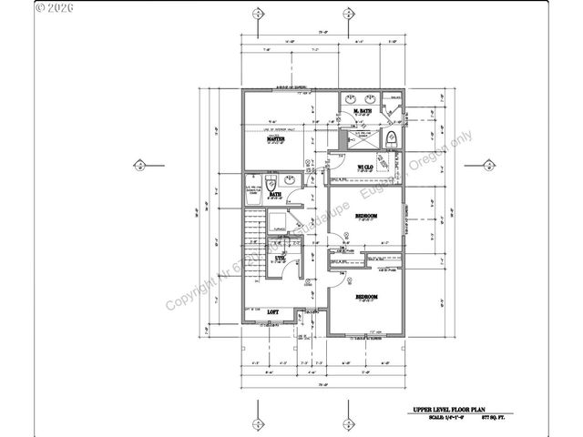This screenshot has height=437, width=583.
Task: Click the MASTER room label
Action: point(272,139)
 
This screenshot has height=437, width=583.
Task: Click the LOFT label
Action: point(271,312)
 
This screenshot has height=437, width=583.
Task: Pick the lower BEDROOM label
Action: point(367,297)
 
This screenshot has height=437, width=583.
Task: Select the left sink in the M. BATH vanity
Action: point(352,97)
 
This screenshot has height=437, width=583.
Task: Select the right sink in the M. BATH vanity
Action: point(373,97)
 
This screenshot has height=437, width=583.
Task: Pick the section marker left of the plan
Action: point(138,165)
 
